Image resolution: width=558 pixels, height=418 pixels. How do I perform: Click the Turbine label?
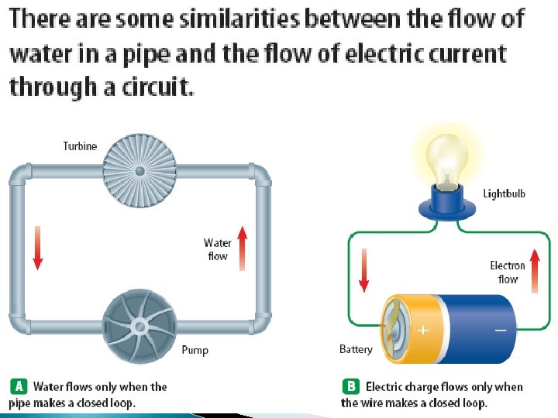[x=80, y=146]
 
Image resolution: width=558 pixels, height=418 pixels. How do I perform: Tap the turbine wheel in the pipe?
[x=139, y=170]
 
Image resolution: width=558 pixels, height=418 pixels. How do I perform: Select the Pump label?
[x=195, y=350]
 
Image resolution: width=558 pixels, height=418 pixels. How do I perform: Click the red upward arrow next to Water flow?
[x=242, y=248]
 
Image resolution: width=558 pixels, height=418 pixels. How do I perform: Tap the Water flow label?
[x=218, y=249]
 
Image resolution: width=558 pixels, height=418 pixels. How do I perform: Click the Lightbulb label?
[x=505, y=193]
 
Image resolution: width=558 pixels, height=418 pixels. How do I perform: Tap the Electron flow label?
[x=508, y=272]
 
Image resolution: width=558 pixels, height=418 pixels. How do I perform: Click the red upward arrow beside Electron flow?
[x=535, y=272]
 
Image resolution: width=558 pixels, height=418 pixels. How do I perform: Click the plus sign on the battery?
[x=423, y=330]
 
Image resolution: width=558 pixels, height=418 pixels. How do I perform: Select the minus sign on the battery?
[x=501, y=330]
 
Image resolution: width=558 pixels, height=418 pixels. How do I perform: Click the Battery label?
[x=356, y=349]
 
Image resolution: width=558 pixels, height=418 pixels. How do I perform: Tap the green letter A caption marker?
[x=19, y=386]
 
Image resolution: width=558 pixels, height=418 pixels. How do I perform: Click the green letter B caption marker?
[x=350, y=386]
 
